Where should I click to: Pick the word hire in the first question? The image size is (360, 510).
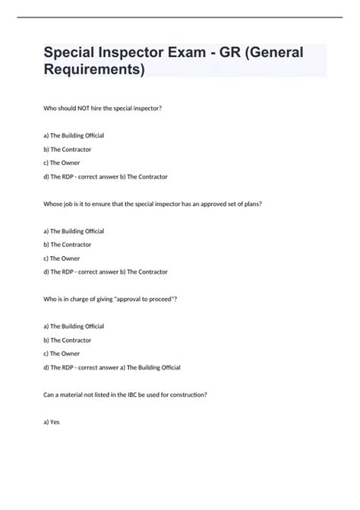click(99, 109)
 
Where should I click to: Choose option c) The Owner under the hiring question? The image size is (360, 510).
click(62, 163)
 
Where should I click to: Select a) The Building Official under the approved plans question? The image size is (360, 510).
click(74, 231)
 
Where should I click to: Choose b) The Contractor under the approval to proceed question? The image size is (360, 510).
click(68, 340)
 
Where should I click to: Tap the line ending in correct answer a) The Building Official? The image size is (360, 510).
click(112, 367)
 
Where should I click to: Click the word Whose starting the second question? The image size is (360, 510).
click(54, 204)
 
